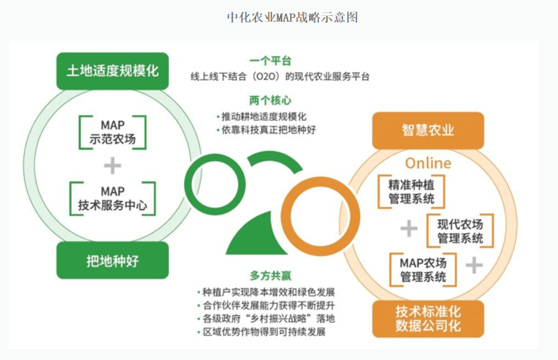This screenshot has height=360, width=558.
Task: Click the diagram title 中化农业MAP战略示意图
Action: [x=292, y=17]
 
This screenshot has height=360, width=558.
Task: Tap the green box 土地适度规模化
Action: [x=113, y=71]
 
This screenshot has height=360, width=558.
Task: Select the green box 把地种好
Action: [x=113, y=260]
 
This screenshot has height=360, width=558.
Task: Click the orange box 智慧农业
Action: [x=428, y=130]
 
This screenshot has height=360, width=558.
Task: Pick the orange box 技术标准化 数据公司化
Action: [x=428, y=319]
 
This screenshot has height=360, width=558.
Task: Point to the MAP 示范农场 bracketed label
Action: [x=113, y=132]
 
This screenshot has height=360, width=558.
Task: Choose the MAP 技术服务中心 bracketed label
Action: [x=113, y=198]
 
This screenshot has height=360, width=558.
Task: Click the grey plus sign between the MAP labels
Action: [x=113, y=165]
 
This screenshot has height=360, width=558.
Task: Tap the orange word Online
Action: [x=428, y=163]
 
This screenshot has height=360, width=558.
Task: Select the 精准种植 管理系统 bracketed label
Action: [x=411, y=192]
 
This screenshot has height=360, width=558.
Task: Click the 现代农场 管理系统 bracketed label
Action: [x=460, y=231]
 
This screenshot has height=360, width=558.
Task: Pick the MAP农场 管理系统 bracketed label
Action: [x=423, y=269]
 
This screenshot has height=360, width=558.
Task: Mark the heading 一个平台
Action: [x=270, y=61]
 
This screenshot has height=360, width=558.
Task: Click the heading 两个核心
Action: [x=270, y=100]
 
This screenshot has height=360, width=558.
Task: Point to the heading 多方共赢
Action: [x=270, y=276]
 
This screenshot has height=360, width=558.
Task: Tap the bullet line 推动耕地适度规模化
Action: [x=262, y=117]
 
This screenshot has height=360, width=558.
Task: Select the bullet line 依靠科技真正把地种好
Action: [x=266, y=129]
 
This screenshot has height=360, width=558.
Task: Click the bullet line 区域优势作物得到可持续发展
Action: [x=262, y=332]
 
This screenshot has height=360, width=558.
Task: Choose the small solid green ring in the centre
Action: [x=215, y=184]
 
